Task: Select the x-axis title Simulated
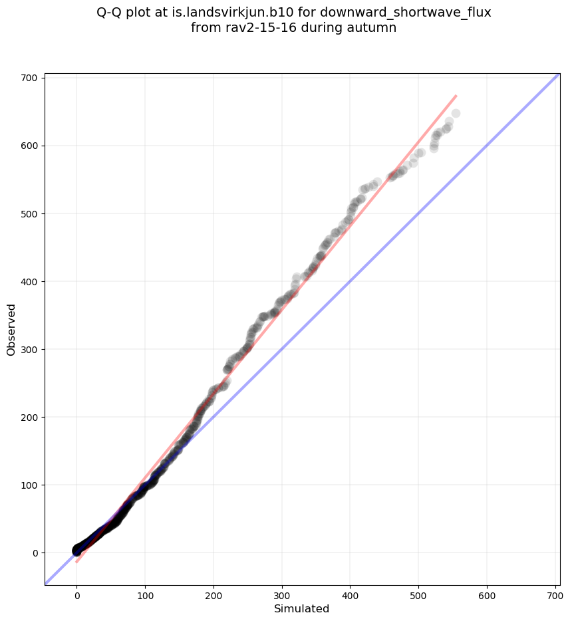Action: pos(302,609)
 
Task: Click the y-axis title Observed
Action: pos(11,330)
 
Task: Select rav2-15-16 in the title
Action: pos(252,28)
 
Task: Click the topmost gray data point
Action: pos(456,113)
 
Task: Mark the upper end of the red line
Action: pos(456,96)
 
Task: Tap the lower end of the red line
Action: pos(76,562)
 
